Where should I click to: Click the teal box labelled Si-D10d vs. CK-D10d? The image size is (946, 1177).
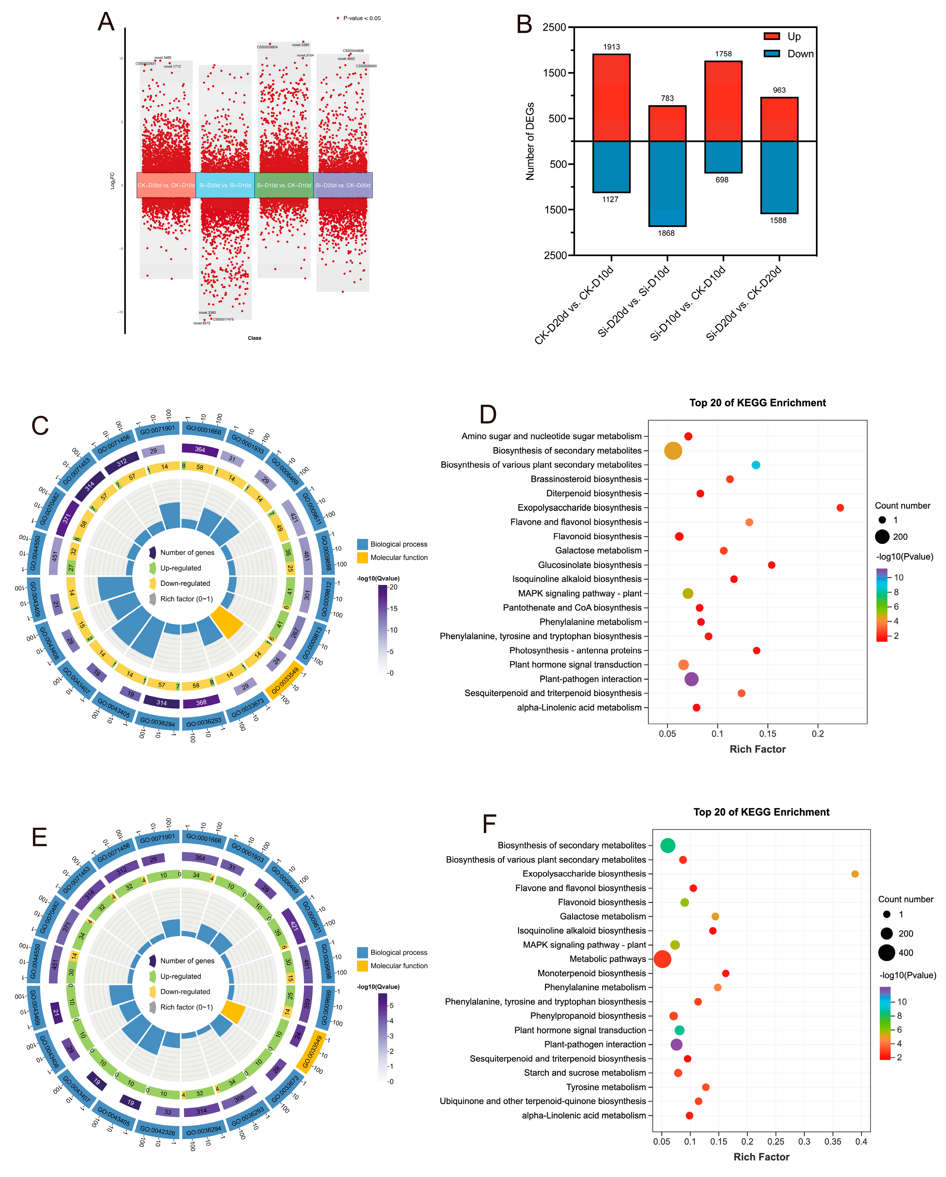(284, 185)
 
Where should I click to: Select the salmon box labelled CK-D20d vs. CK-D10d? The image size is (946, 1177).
(166, 185)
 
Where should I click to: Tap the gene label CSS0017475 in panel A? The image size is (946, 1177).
(223, 319)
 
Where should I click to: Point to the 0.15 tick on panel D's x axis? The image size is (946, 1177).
(768, 734)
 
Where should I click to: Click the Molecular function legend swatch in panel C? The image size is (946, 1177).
(362, 557)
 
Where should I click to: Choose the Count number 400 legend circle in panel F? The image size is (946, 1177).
(887, 953)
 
